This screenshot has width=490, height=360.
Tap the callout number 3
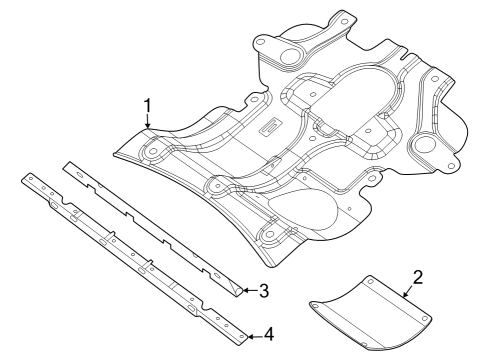[264, 291]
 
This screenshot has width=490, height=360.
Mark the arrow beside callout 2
[406, 294]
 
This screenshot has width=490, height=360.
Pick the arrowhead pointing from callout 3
[246, 291]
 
